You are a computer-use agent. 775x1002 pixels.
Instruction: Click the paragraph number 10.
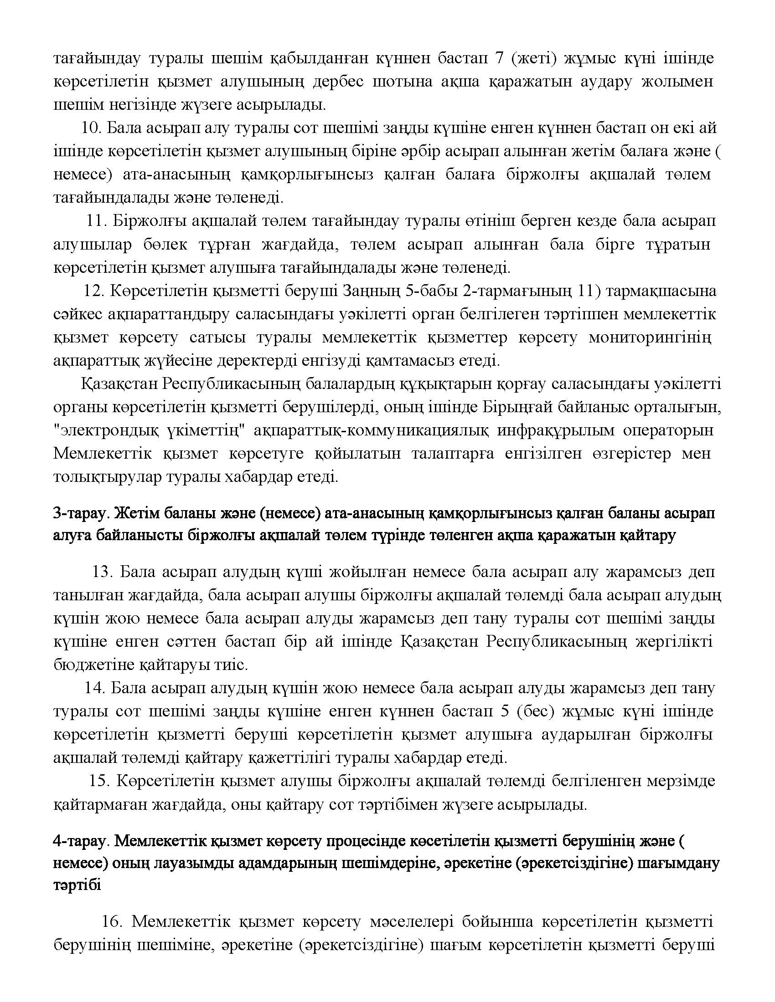(x=91, y=128)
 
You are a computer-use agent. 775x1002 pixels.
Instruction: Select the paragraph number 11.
(x=97, y=221)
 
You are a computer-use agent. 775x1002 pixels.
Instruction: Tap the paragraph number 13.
(x=103, y=572)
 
